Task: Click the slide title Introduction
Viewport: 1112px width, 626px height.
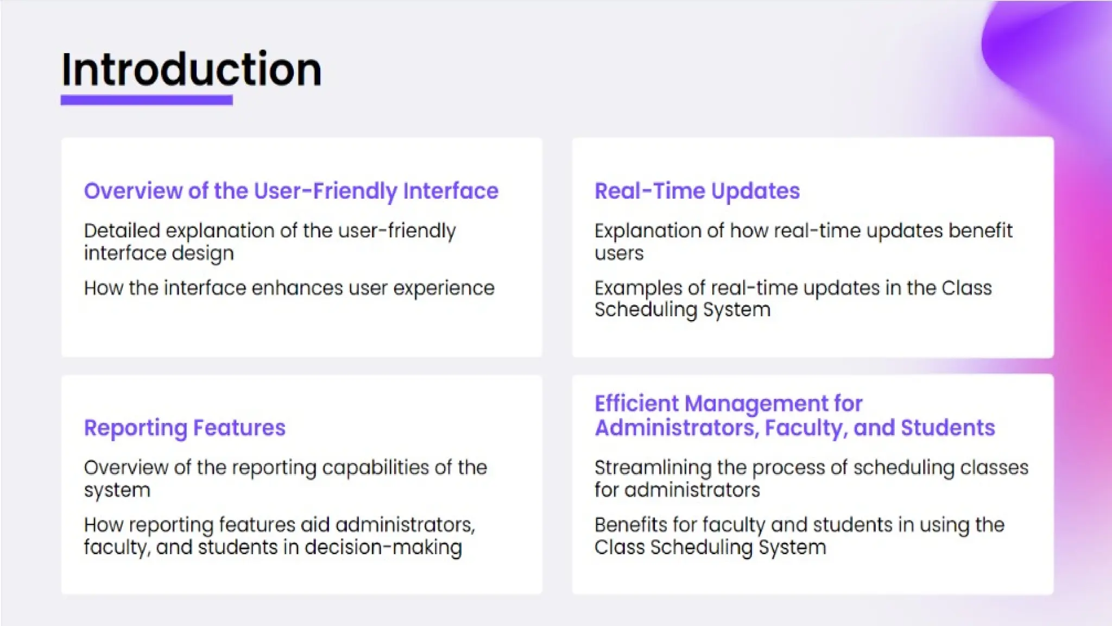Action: tap(191, 70)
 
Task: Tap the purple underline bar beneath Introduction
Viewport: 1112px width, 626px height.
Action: tap(147, 100)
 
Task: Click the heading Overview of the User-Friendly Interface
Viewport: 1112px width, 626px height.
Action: tap(291, 191)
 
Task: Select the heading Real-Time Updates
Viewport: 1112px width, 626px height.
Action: tap(697, 191)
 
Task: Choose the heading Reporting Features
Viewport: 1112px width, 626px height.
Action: tap(185, 428)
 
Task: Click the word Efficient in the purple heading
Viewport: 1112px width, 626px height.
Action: tap(636, 404)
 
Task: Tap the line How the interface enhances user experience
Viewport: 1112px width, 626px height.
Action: tap(289, 288)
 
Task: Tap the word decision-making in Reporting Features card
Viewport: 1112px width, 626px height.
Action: tap(383, 547)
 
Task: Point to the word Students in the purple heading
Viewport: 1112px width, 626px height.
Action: tap(947, 428)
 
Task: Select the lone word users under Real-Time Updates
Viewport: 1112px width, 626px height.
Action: tap(619, 254)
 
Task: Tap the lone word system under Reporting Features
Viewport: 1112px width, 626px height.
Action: tap(117, 491)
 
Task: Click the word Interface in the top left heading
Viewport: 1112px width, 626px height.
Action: tap(451, 191)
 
